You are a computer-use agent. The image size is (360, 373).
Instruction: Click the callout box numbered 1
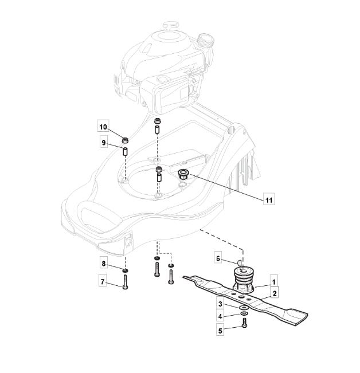coord(273,282)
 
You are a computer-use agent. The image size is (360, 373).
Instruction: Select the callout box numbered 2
coord(275,293)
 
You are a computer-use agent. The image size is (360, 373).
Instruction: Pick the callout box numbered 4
coord(220,316)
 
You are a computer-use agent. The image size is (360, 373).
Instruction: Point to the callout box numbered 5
coord(220,330)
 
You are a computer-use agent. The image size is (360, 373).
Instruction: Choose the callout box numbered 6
coord(218,258)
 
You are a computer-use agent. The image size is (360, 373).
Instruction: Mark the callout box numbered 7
coord(103,281)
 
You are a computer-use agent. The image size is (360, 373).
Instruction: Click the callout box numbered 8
coord(104,264)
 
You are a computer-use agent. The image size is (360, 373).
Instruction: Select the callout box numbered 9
coord(104,143)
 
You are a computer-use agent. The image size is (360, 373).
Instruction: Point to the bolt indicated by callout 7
coord(125,282)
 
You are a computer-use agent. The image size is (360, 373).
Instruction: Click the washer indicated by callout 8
coord(125,270)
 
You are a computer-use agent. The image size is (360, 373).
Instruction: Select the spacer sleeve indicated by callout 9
coord(125,152)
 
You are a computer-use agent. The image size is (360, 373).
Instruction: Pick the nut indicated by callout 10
coord(125,140)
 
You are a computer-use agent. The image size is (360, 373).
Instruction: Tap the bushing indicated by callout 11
coord(183,174)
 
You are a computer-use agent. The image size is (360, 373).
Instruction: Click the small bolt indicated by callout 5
coord(244,323)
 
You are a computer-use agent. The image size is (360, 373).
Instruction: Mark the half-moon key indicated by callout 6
coord(240,262)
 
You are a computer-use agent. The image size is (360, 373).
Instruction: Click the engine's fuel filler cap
coord(205,40)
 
